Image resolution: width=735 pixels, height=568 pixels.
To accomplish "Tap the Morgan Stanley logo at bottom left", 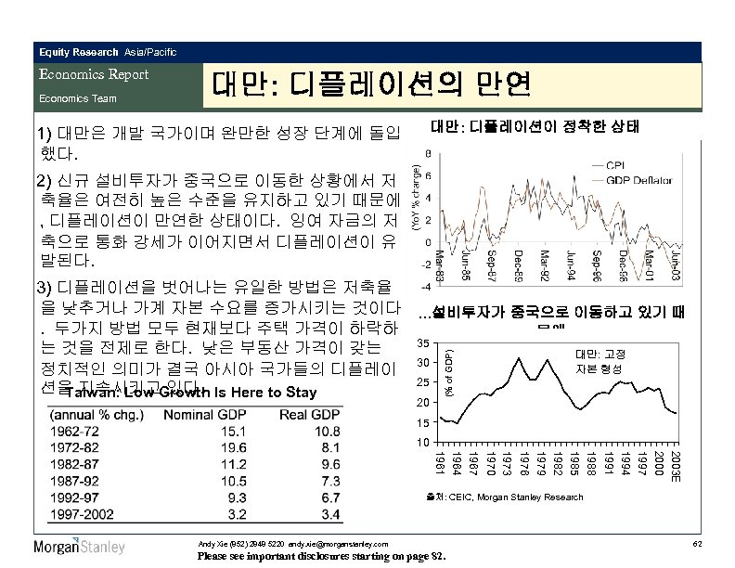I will tap(79, 547).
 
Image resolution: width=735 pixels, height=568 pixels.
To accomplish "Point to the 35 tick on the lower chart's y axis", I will tap(424, 343).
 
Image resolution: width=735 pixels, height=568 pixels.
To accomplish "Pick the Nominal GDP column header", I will tap(204, 413).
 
